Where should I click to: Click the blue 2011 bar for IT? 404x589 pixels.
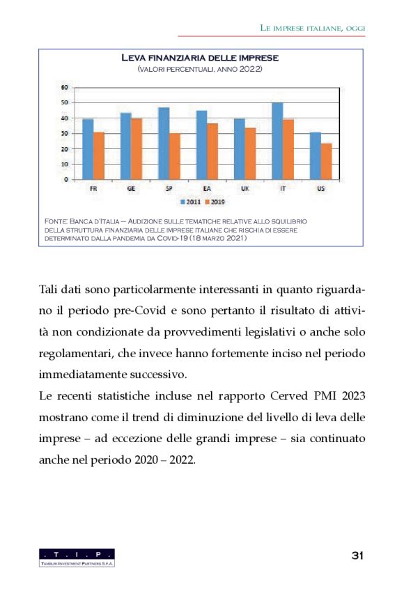click(277, 141)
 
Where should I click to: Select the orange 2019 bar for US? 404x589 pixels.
click(326, 162)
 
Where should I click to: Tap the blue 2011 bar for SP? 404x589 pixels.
click(164, 143)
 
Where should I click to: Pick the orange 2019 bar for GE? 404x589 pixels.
click(137, 149)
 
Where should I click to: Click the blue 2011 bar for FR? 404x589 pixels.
click(88, 149)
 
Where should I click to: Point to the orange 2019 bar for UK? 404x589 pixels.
click(250, 153)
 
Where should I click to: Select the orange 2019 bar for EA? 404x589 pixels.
click(212, 151)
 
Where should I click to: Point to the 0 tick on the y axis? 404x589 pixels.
click(66, 180)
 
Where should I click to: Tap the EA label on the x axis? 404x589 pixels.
click(207, 189)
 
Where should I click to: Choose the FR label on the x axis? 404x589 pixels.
click(93, 189)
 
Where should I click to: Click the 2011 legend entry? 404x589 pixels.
click(190, 201)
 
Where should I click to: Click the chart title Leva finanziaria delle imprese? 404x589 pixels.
click(200, 58)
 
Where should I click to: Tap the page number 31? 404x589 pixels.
click(358, 555)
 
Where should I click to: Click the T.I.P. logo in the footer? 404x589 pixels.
click(77, 556)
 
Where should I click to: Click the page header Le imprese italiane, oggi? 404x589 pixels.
click(312, 27)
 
